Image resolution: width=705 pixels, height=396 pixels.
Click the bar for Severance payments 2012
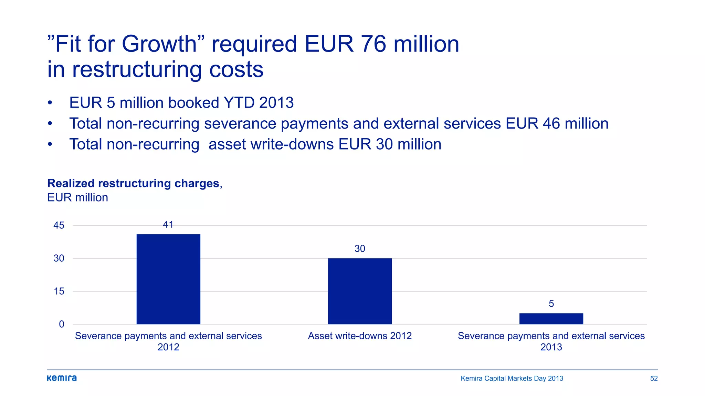pyautogui.click(x=168, y=279)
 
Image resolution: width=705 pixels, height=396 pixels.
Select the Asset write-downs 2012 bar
pyautogui.click(x=360, y=291)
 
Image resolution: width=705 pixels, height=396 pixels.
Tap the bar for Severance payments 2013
pyautogui.click(x=551, y=319)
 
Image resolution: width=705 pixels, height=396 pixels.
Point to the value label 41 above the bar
pyautogui.click(x=168, y=225)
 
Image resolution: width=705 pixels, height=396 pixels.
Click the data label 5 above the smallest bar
pyautogui.click(x=551, y=304)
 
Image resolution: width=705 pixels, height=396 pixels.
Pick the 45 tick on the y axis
pyautogui.click(x=59, y=225)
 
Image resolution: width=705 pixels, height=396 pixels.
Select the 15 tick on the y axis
pyautogui.click(x=59, y=291)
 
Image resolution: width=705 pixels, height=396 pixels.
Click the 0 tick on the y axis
pyautogui.click(x=61, y=324)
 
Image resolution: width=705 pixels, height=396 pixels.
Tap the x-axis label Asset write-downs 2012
pyautogui.click(x=360, y=336)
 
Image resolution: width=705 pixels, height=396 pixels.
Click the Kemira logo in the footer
pyautogui.click(x=62, y=378)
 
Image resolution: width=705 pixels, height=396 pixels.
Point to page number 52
pyautogui.click(x=654, y=378)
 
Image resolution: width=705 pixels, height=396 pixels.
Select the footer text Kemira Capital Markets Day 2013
pyautogui.click(x=512, y=378)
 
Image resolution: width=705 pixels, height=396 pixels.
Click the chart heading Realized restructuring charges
pyautogui.click(x=133, y=183)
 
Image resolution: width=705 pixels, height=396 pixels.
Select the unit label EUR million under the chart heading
pyautogui.click(x=77, y=198)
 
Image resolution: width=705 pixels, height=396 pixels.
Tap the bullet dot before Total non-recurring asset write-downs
pyautogui.click(x=50, y=144)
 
